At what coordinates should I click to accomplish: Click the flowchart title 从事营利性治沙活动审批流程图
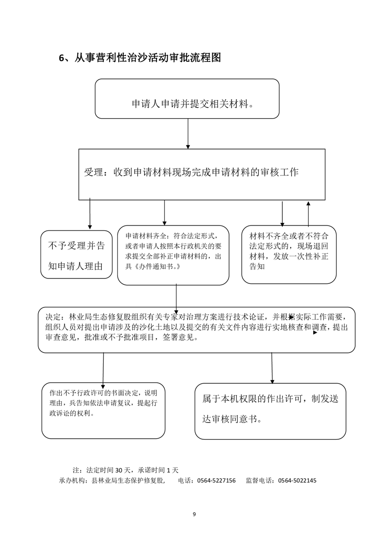[x=140, y=58]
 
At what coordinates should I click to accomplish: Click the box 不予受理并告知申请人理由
[x=76, y=254]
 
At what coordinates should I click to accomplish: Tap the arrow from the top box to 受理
[x=188, y=133]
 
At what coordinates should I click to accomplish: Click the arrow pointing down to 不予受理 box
[x=90, y=214]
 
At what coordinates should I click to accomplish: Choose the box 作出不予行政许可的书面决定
[x=103, y=410]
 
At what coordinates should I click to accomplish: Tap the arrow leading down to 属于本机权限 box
[x=272, y=367]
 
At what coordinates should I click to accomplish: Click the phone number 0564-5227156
[x=216, y=481]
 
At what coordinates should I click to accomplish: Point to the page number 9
[x=194, y=514]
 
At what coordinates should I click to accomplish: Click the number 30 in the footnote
[x=120, y=470]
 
